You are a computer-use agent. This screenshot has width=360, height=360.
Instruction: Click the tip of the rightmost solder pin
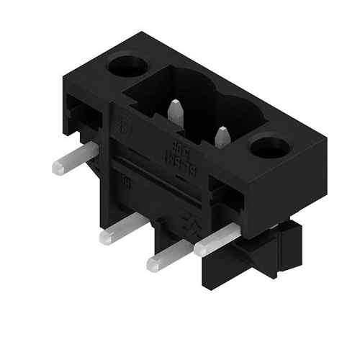[x=200, y=248]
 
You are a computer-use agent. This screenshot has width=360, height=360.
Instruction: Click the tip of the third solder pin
[x=153, y=264]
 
